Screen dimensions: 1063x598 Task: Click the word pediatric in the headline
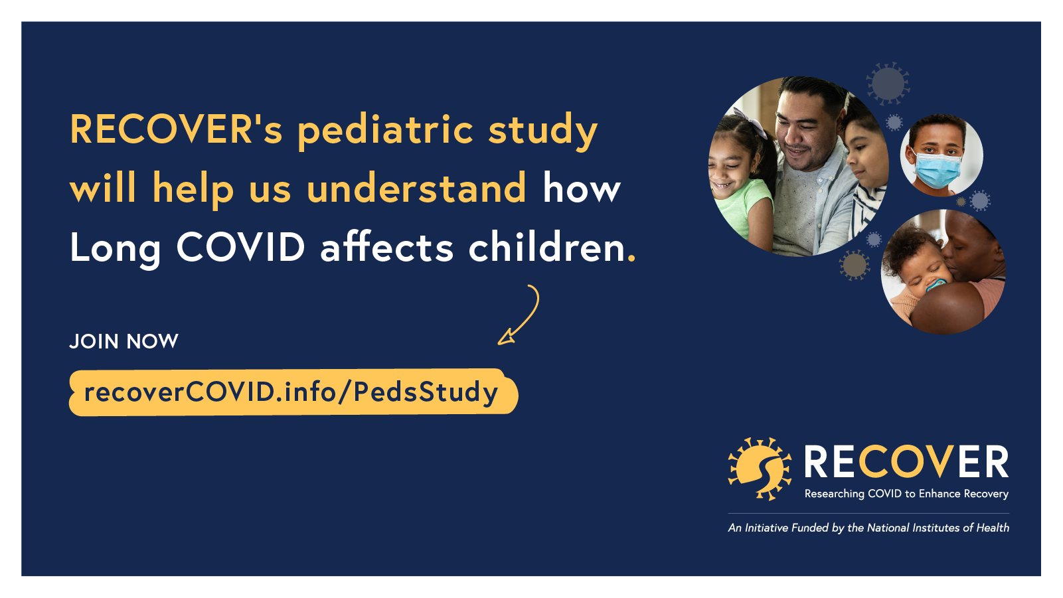[385, 130]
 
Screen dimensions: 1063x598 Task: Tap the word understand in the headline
[417, 188]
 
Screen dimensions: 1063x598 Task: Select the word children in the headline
[546, 247]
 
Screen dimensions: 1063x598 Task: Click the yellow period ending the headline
[631, 258]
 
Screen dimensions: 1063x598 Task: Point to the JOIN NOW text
[124, 341]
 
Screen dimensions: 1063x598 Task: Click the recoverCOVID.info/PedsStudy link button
[293, 392]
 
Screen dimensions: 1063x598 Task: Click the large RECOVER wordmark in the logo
[906, 462]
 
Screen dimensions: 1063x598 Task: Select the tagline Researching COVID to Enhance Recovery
[906, 494]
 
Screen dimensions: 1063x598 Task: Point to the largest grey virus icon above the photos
[888, 84]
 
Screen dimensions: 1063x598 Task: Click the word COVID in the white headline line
[240, 247]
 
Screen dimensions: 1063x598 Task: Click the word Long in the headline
[116, 249]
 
